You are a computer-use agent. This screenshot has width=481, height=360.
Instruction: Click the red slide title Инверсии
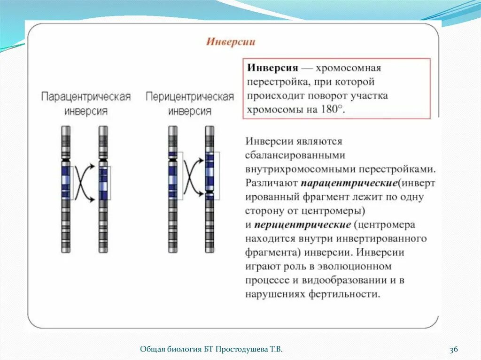[x=231, y=42]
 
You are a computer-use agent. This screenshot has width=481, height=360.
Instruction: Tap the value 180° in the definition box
[x=333, y=109]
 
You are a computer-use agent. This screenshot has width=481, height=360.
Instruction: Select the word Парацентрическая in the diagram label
[x=85, y=97]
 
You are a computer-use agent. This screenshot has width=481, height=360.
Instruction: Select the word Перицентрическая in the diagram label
[x=189, y=97]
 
